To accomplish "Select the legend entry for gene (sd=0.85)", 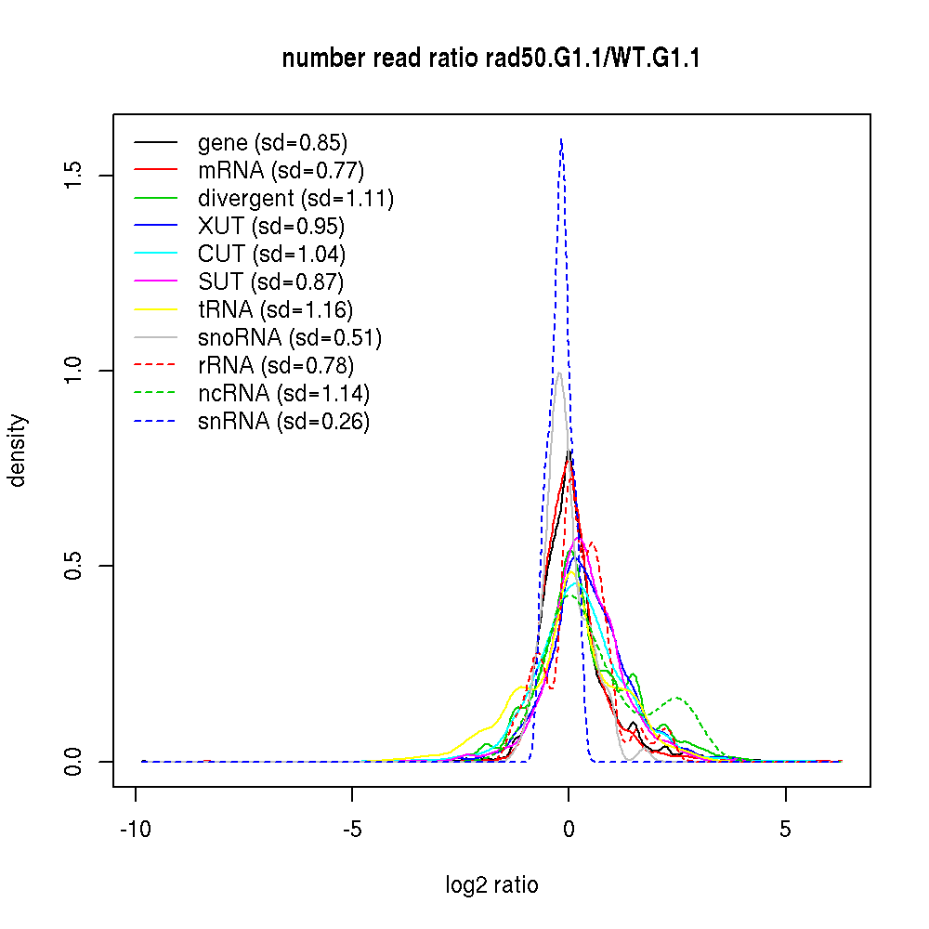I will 272,143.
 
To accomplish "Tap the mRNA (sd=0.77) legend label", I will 281,171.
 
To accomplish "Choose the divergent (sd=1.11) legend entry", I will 295,199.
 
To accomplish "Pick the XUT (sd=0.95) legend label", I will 271,227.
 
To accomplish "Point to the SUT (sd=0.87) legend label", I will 271,282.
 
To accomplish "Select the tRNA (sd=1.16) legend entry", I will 275,310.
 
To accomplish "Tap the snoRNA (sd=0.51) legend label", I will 290,338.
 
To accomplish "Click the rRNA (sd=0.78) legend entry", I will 276,366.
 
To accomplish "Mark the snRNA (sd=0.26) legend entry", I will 283,422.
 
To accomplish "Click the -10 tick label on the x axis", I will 136,830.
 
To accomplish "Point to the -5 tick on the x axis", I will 352,830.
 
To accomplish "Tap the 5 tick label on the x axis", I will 786,830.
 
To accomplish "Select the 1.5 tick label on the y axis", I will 75,176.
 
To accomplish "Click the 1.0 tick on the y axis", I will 75,371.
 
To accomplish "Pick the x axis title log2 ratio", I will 491,885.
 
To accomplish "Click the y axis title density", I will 18,451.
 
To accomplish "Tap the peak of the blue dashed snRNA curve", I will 560,139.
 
